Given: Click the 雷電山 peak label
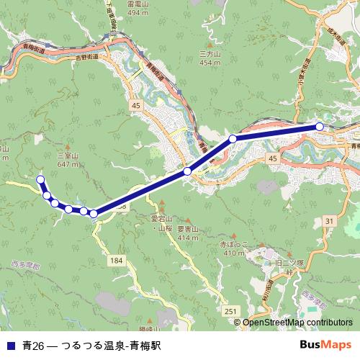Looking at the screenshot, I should pyautogui.click(x=137, y=4).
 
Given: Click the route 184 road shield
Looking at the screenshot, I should pyautogui.click(x=117, y=258).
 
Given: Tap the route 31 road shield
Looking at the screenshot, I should pyautogui.click(x=329, y=221).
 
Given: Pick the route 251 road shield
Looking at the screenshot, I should pyautogui.click(x=230, y=310).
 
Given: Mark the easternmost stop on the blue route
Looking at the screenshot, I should pyautogui.click(x=320, y=127).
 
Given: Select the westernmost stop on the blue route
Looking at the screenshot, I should pyautogui.click(x=40, y=179).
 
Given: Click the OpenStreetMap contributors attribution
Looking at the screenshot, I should pyautogui.click(x=297, y=323).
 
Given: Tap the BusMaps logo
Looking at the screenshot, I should pyautogui.click(x=325, y=345).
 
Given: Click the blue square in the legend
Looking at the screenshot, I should pyautogui.click(x=10, y=346).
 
